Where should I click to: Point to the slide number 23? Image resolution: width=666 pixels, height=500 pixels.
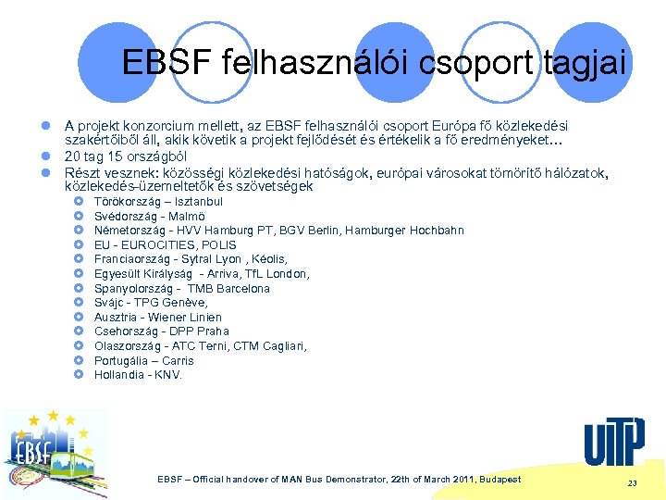coord(633,483)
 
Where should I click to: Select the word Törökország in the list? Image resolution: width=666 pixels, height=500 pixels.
coord(126,201)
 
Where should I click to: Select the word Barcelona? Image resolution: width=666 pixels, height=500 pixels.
coord(241,288)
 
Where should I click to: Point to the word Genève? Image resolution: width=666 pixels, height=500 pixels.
coord(187,303)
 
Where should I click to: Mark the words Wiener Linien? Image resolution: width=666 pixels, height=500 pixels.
coord(184,317)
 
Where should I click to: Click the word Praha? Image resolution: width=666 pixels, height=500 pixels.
coord(213,331)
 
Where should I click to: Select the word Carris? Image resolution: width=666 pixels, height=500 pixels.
coord(178,360)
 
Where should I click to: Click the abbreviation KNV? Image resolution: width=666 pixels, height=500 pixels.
coord(168,375)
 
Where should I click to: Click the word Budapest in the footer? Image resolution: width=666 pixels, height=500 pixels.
coord(494,480)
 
